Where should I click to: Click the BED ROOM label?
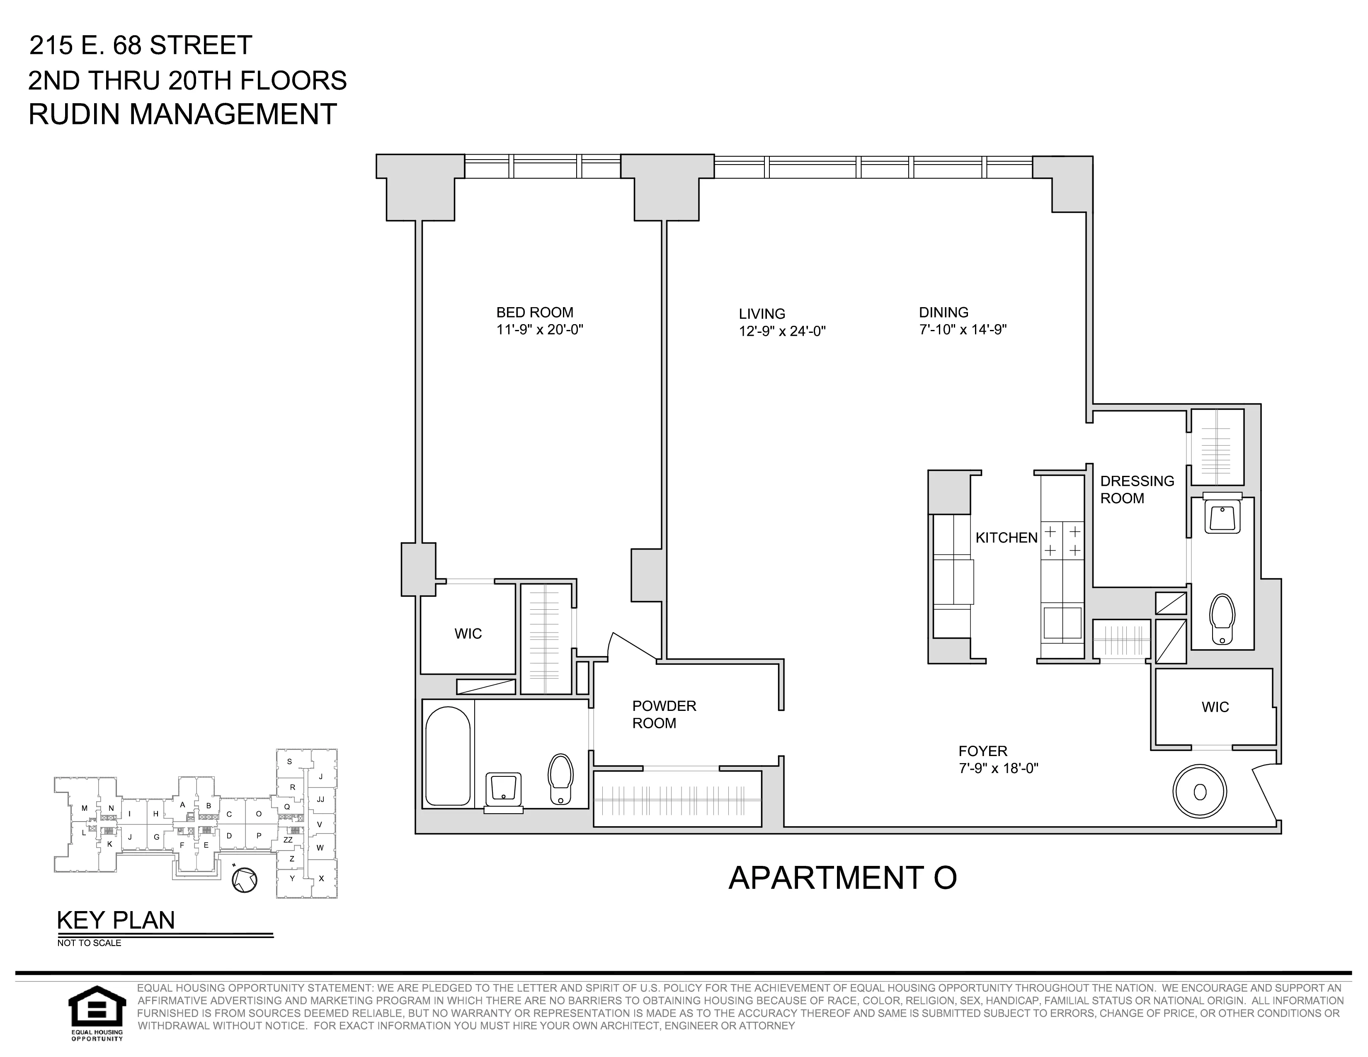(534, 313)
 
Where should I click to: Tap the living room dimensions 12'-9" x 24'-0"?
(782, 331)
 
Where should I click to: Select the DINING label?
(944, 313)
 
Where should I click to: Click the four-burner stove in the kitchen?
(1062, 541)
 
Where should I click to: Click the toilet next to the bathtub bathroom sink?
(560, 779)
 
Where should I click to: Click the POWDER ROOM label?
(663, 715)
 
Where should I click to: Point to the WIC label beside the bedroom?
(468, 634)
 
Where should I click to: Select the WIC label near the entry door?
(1215, 707)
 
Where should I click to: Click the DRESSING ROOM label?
(1137, 490)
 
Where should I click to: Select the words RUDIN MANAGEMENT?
(182, 114)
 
